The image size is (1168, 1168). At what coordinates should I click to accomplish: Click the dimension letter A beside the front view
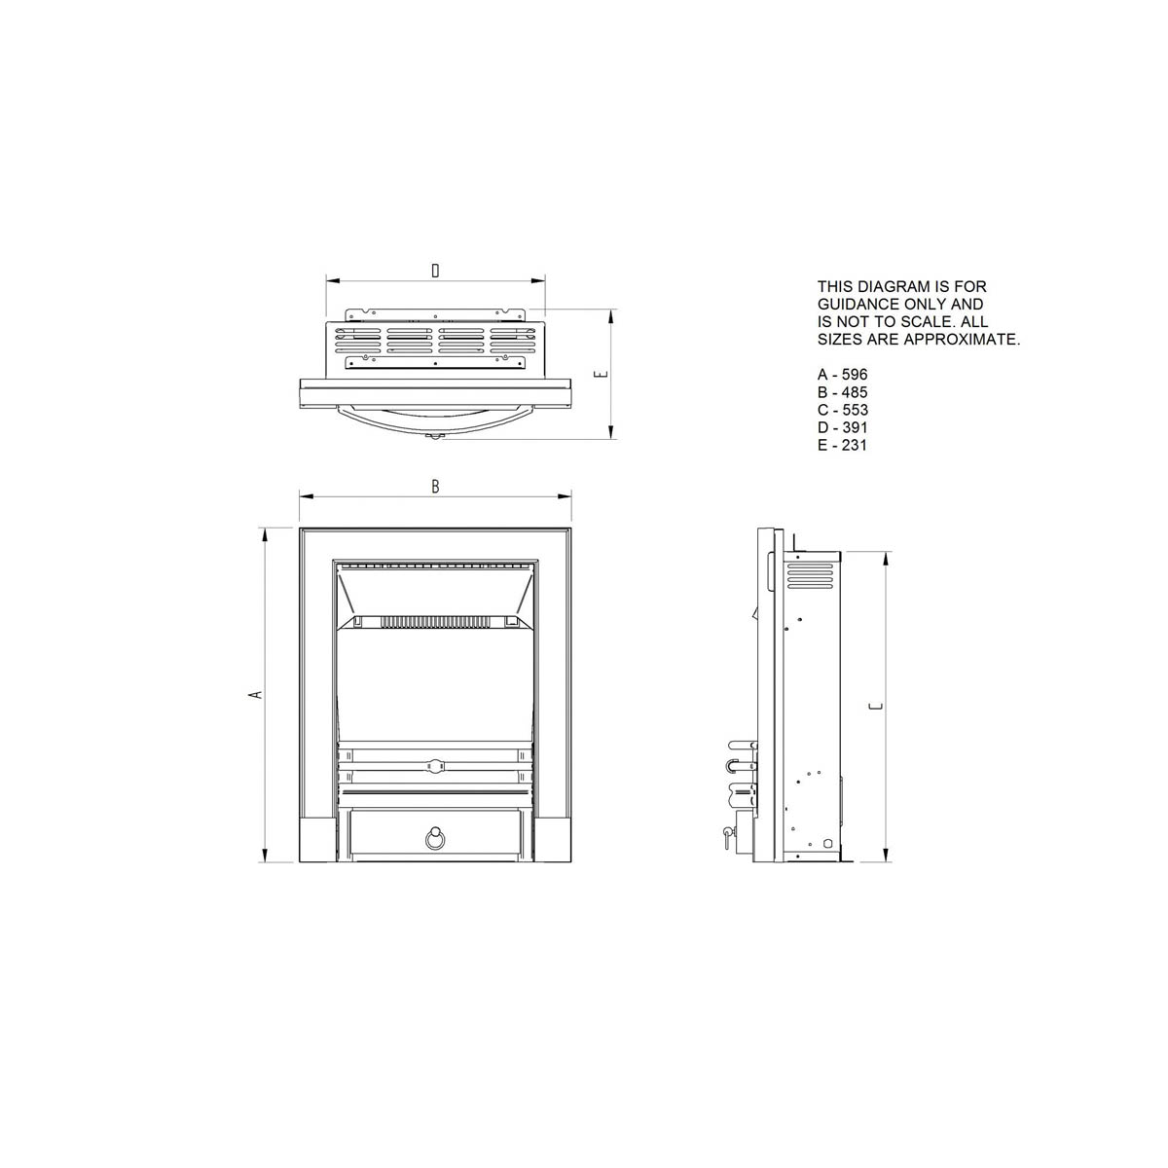pyautogui.click(x=256, y=694)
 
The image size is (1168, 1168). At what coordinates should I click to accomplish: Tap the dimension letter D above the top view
pyautogui.click(x=434, y=272)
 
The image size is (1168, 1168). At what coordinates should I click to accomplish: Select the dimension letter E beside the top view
pyautogui.click(x=602, y=374)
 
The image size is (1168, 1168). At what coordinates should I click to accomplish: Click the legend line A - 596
pyautogui.click(x=842, y=375)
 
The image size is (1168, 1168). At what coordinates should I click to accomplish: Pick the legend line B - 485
pyautogui.click(x=842, y=392)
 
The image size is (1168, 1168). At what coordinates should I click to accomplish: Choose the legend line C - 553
pyautogui.click(x=842, y=410)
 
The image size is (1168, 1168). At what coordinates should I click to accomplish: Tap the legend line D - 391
pyautogui.click(x=842, y=427)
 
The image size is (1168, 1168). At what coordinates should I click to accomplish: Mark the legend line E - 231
pyautogui.click(x=842, y=445)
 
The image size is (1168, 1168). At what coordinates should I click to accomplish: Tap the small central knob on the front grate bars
pyautogui.click(x=434, y=765)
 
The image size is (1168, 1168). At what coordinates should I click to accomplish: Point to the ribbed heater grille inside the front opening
pyautogui.click(x=433, y=620)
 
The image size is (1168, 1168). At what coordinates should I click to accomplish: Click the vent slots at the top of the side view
pyautogui.click(x=809, y=575)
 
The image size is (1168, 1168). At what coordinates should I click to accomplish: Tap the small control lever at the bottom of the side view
pyautogui.click(x=727, y=833)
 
